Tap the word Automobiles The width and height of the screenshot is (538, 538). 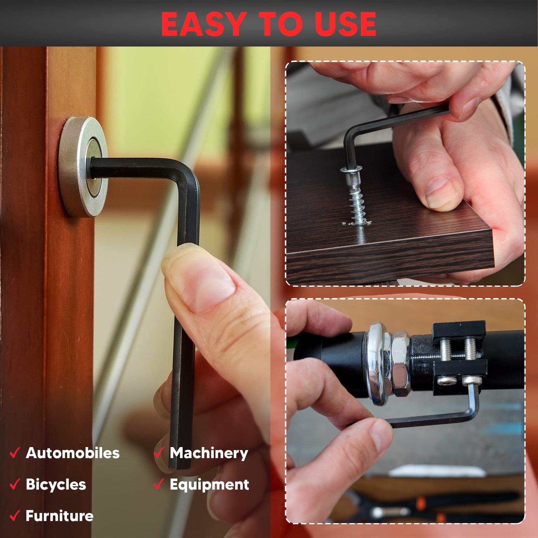point(73,453)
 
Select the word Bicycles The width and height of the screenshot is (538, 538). point(56,484)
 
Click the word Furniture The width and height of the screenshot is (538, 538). point(59,516)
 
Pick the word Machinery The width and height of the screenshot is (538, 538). point(209,453)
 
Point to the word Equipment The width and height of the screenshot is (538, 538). point(209,485)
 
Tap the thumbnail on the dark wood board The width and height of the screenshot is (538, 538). point(439,193)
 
